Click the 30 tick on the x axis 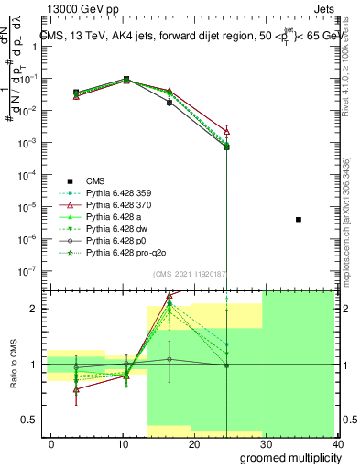tap(266, 444)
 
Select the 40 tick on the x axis tap(336, 444)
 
